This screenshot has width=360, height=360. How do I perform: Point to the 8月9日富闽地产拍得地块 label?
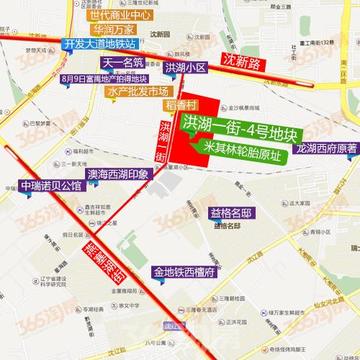(104, 77)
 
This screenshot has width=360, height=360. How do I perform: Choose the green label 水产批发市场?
(113, 91)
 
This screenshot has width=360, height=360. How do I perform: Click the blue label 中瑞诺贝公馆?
(50, 186)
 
